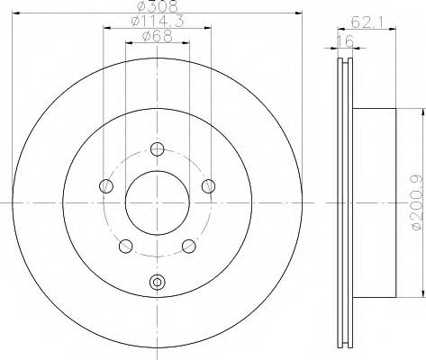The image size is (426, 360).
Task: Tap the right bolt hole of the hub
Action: point(209,186)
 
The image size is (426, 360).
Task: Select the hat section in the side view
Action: point(374,203)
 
